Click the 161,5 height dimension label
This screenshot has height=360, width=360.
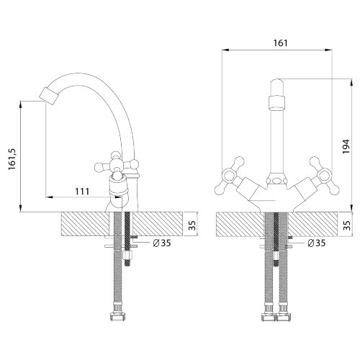pos(12,158)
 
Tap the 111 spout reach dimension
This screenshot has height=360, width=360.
pos(82,192)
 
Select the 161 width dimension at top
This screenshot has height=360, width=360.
pos(280,43)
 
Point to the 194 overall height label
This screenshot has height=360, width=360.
pos(346,147)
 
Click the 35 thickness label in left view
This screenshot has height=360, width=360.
pos(192,225)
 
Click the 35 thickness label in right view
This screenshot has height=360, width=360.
pos(347,225)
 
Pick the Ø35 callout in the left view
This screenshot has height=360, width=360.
pos(162,243)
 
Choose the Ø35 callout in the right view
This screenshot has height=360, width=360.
pos(317,243)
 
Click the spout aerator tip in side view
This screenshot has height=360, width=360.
pos(49,96)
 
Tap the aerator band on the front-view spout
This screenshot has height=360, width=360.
pos(277,103)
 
